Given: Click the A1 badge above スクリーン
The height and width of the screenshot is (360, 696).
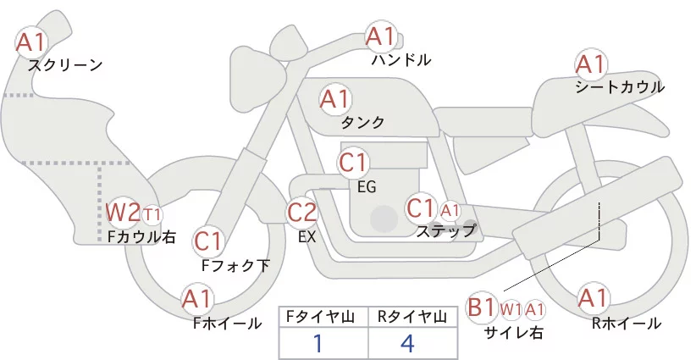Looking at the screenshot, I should pyautogui.click(x=32, y=40).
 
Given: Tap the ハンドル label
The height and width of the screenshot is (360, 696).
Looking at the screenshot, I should pyautogui.click(x=401, y=60).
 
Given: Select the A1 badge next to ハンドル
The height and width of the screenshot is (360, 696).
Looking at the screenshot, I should pyautogui.click(x=381, y=36).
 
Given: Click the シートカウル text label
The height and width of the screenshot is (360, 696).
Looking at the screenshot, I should pyautogui.click(x=620, y=86).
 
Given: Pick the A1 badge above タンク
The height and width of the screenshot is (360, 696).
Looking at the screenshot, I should pyautogui.click(x=334, y=99).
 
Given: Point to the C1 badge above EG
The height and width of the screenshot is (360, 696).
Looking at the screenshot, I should pyautogui.click(x=354, y=162).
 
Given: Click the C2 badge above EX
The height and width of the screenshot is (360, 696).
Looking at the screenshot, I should pyautogui.click(x=302, y=212).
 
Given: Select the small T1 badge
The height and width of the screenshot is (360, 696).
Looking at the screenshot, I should pyautogui.click(x=152, y=213).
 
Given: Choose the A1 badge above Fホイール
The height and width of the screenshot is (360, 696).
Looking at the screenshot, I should pyautogui.click(x=198, y=298).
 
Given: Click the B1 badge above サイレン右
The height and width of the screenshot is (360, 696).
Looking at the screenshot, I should pyautogui.click(x=482, y=307).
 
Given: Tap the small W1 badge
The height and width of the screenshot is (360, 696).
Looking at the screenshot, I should pyautogui.click(x=511, y=309).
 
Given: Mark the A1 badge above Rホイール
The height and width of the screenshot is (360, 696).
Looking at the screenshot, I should pyautogui.click(x=592, y=298).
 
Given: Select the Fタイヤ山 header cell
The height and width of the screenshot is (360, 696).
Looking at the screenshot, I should pyautogui.click(x=323, y=317).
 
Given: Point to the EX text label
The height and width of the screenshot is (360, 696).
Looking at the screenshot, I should pyautogui.click(x=307, y=238).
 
